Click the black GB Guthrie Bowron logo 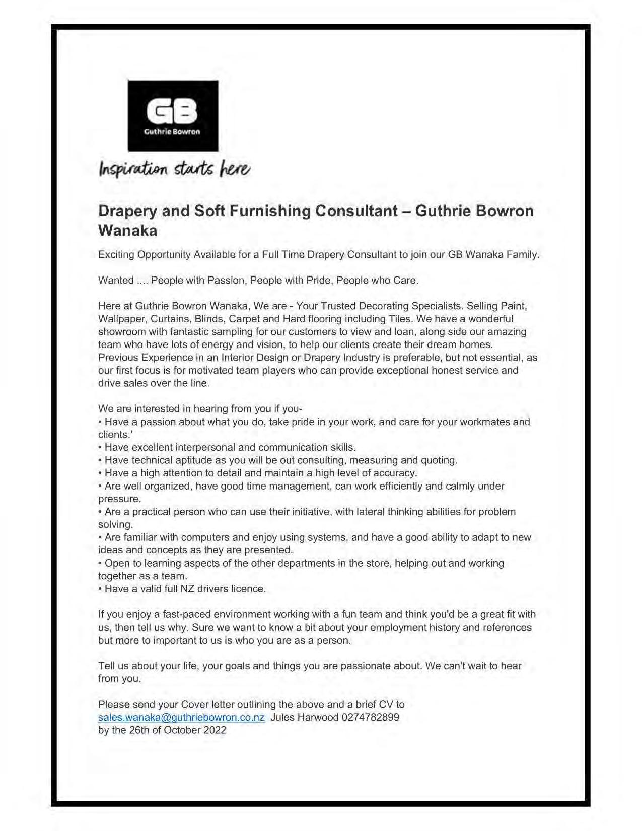(173, 116)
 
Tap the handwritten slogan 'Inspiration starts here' (174, 169)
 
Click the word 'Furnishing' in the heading (270, 211)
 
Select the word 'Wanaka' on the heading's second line (127, 231)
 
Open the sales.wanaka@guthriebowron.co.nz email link (181, 717)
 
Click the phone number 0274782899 (370, 717)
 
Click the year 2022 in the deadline (215, 730)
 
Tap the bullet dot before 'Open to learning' (100, 563)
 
